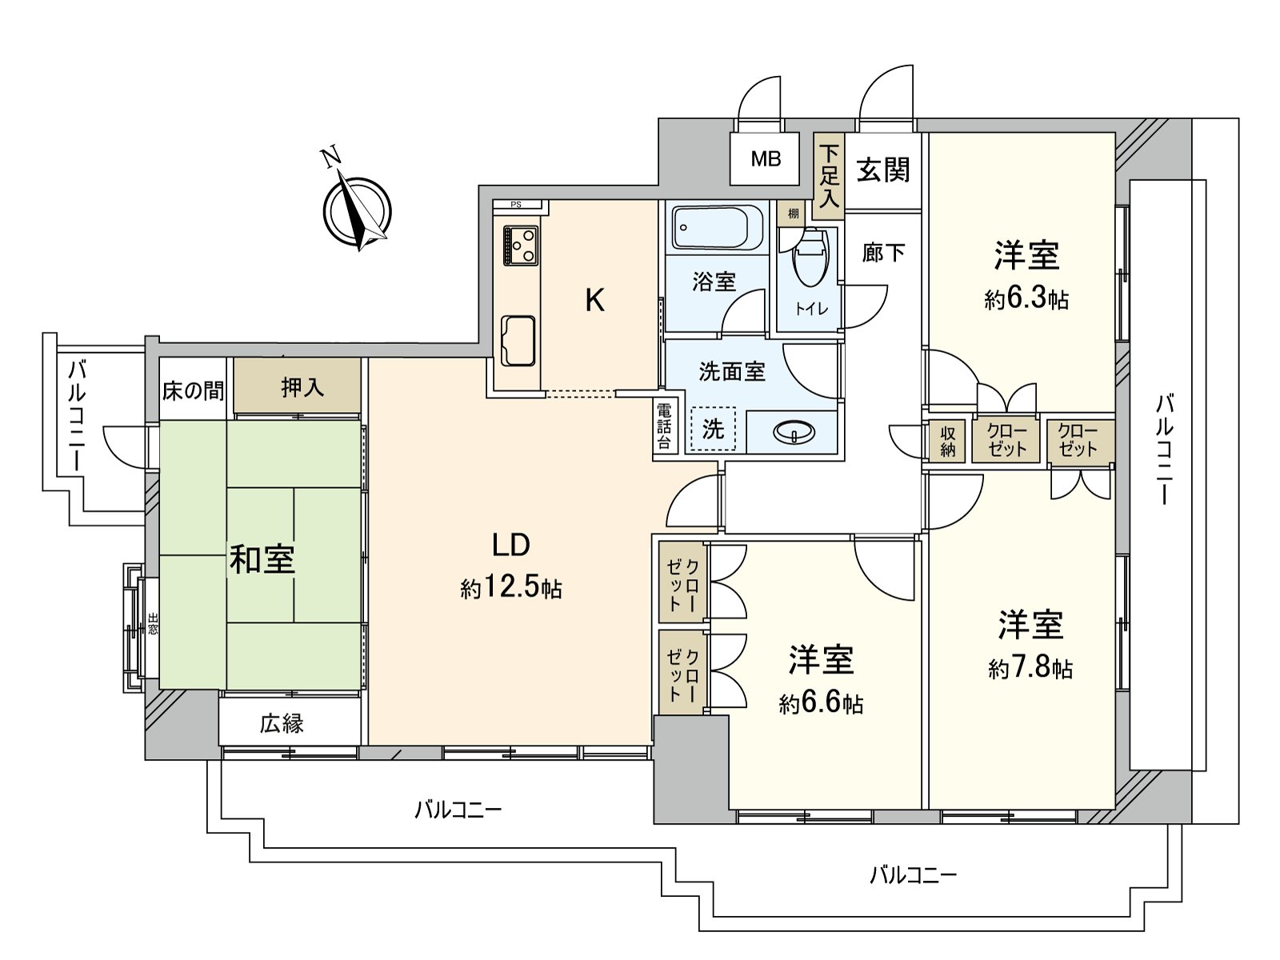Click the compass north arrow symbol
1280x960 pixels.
[357, 210]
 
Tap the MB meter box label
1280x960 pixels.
[766, 159]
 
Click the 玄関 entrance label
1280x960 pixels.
[883, 170]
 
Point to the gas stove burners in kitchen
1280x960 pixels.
[520, 245]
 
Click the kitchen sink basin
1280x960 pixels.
[518, 340]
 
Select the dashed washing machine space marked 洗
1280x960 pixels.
[713, 430]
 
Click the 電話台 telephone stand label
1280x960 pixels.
[663, 425]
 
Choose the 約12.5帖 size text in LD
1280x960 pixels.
[511, 590]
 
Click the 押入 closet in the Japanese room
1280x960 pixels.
[302, 387]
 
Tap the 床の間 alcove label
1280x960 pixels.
[193, 391]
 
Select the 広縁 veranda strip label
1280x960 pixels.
[282, 724]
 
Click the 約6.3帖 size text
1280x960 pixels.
[1026, 300]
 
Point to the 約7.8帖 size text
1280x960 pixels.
[1030, 668]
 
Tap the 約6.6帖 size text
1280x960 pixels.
[821, 704]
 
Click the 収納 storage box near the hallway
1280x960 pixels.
[948, 442]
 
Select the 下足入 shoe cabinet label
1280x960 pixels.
[829, 176]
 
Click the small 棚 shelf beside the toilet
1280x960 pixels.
[793, 214]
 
